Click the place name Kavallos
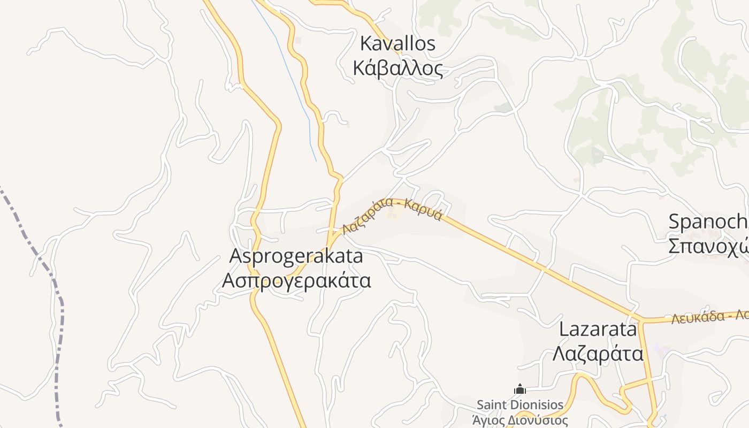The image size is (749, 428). coord(398,44)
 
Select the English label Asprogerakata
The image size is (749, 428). coord(296,256)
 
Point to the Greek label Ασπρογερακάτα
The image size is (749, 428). coord(296,280)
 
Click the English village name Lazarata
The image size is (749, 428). coord(598,329)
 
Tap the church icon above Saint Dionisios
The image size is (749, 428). coord(519,389)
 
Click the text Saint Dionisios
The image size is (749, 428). coord(520,404)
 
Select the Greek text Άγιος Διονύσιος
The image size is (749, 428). coord(520,421)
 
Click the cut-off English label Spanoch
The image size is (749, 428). coord(707,221)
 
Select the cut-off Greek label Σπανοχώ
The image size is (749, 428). coord(707,246)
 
